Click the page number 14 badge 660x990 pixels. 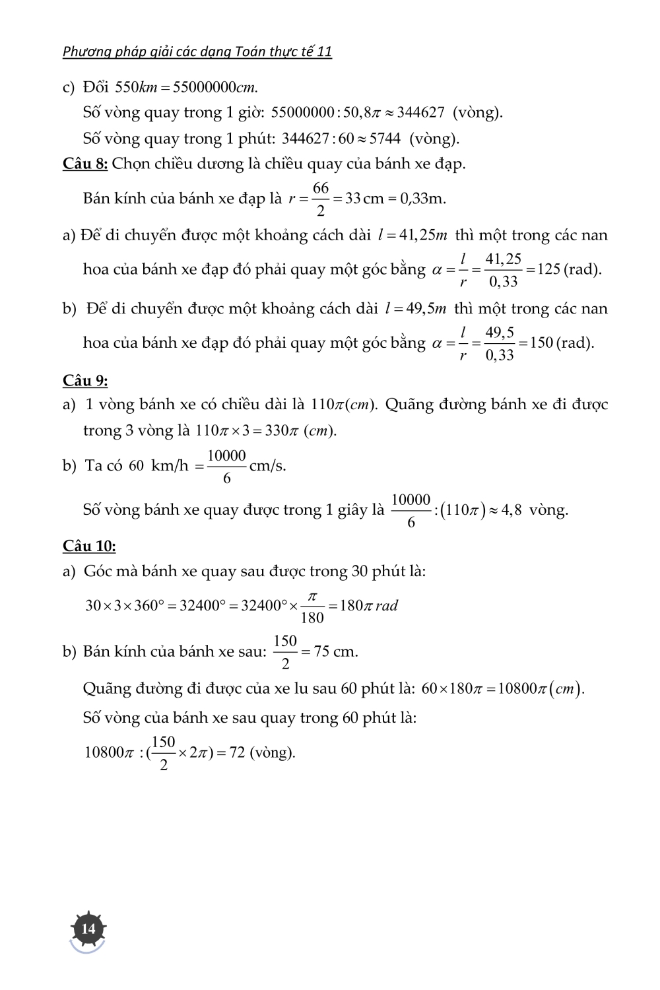click(x=88, y=929)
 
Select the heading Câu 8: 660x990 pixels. click(x=85, y=164)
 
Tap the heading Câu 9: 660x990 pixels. click(x=85, y=381)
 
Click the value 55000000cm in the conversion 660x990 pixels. click(x=213, y=87)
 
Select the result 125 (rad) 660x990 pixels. click(x=569, y=269)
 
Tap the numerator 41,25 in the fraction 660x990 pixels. click(x=504, y=259)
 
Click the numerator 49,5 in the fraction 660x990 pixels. click(x=500, y=333)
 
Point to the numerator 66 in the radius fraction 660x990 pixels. click(x=321, y=189)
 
